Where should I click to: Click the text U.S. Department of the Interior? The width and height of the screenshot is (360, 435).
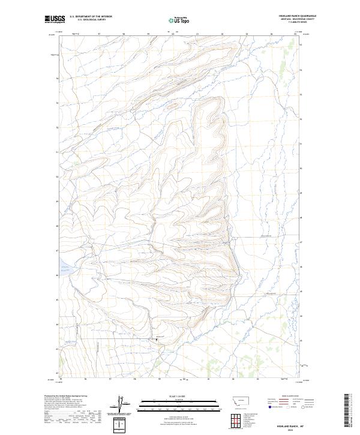pyautogui.click(x=91, y=17)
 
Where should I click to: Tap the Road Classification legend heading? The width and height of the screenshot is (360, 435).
pyautogui.click(x=289, y=397)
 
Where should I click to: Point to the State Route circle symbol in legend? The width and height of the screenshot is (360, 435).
pyautogui.click(x=304, y=406)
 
